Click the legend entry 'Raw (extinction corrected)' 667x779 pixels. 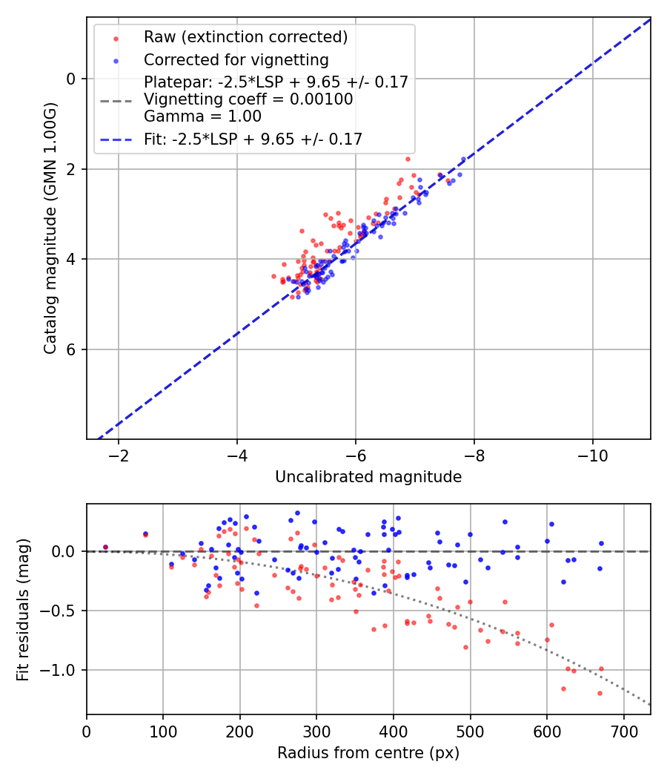[245, 37]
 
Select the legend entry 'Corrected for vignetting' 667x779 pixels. [236, 59]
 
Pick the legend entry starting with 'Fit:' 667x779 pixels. [253, 139]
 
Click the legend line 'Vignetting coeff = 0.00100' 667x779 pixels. [248, 99]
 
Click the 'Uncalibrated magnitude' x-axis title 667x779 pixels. [368, 477]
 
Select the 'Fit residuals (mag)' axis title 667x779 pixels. [23, 609]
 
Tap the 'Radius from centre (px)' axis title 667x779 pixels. [368, 753]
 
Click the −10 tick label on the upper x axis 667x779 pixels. [592, 454]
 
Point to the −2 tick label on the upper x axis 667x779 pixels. [119, 454]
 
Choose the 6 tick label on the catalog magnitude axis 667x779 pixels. [71, 349]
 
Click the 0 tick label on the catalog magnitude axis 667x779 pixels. [71, 79]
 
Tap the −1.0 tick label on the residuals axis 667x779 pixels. [63, 670]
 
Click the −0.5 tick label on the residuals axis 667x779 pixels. [63, 611]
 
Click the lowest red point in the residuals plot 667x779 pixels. [600, 693]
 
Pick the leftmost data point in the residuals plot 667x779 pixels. [105, 548]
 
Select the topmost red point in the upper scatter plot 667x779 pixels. [408, 159]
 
